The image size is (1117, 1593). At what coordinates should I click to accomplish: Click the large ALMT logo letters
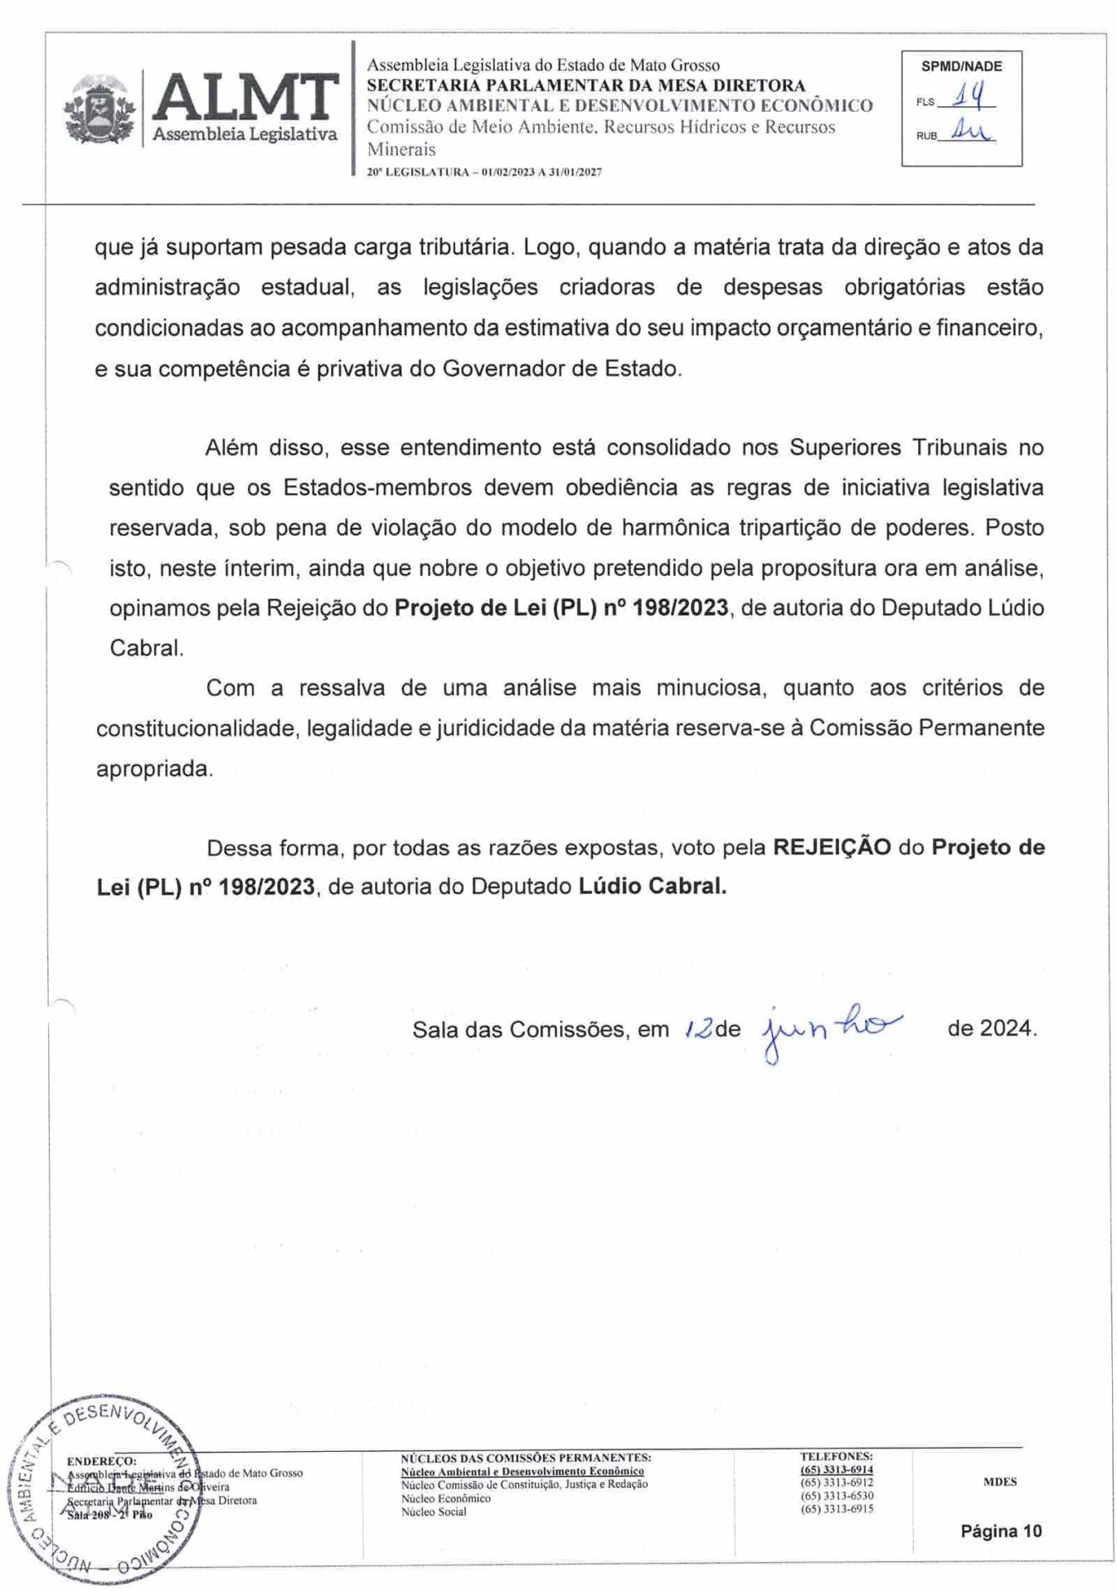coord(245,98)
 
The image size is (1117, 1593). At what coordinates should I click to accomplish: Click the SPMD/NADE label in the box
coord(961,66)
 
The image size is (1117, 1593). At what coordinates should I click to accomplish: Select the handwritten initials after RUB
coord(969,130)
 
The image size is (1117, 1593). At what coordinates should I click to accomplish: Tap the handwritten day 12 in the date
coord(698,1030)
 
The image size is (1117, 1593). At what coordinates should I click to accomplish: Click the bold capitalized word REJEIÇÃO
coord(831,847)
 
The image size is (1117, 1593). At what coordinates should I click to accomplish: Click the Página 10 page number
coord(1000,1531)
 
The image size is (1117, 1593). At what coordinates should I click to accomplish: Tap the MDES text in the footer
coord(999,1481)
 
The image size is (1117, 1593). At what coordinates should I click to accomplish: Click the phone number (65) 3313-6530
coord(836,1495)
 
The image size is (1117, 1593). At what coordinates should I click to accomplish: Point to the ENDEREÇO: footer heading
coord(101,1461)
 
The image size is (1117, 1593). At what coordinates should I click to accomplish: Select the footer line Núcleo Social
coord(434,1512)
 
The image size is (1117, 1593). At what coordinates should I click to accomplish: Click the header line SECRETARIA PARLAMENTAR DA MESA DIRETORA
coord(585,85)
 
